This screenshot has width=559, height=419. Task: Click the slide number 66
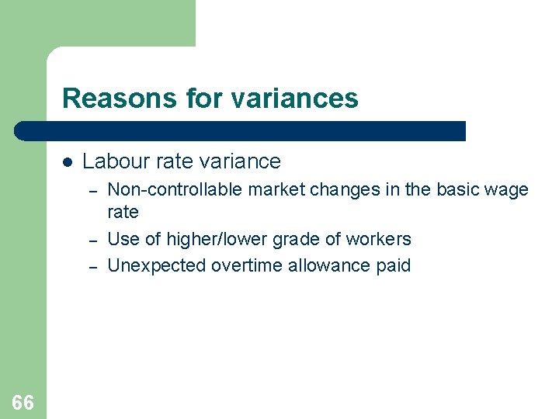coord(23,403)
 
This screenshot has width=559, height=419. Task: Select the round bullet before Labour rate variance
coord(68,162)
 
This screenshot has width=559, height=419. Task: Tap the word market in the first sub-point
coord(272,189)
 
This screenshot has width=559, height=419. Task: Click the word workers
coord(380,239)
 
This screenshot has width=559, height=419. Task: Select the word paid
coord(393,265)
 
